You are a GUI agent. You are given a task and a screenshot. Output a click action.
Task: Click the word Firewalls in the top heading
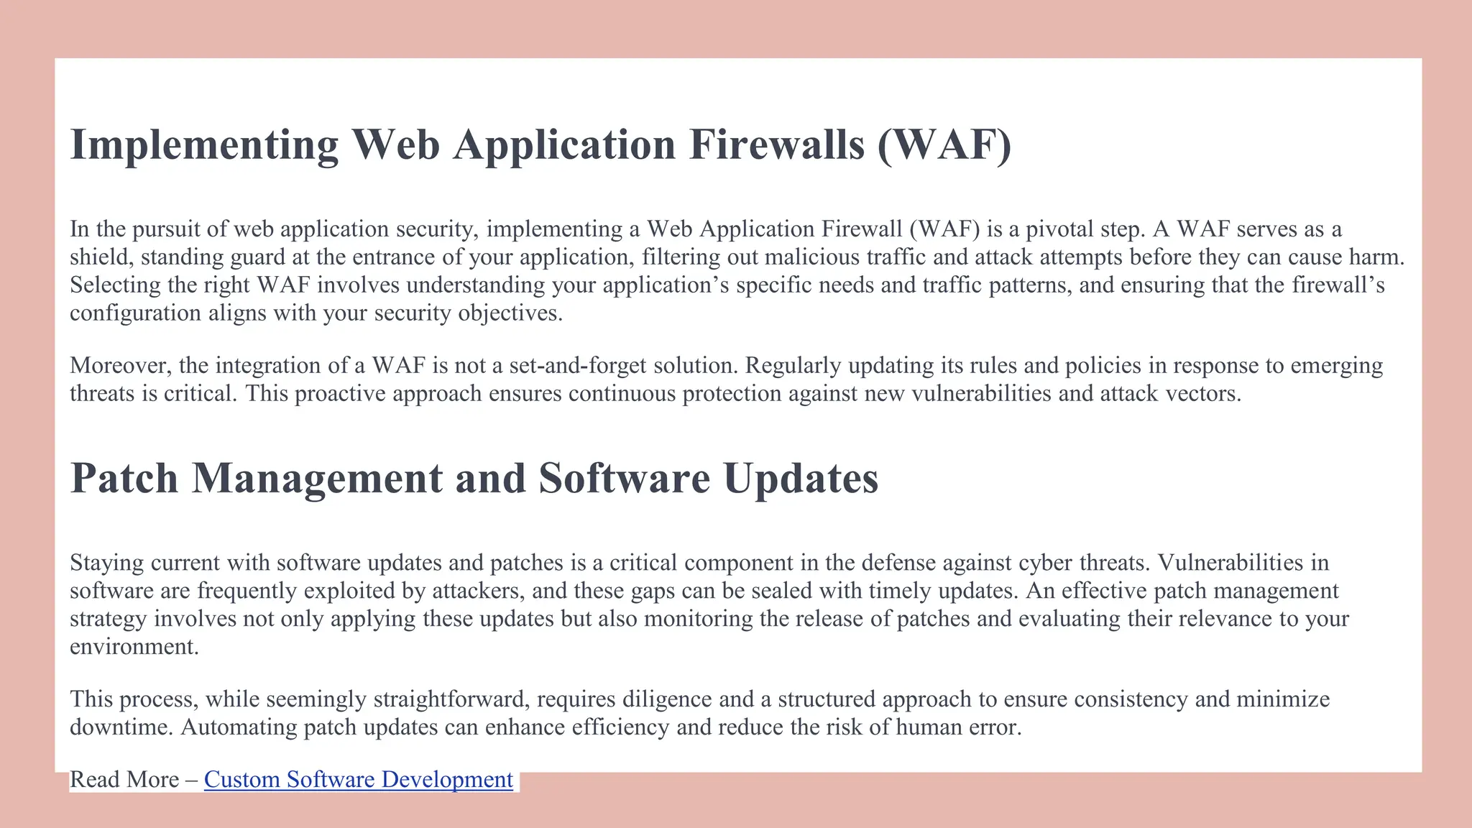pyautogui.click(x=777, y=144)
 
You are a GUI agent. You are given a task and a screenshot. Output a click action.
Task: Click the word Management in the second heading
pyautogui.click(x=317, y=478)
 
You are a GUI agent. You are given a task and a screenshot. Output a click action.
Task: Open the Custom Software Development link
pyautogui.click(x=358, y=779)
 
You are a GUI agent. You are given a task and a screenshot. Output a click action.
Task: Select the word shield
pyautogui.click(x=101, y=257)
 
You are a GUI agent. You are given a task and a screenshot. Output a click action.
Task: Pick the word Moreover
pyautogui.click(x=119, y=366)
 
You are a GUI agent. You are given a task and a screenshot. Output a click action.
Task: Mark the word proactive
pyautogui.click(x=339, y=394)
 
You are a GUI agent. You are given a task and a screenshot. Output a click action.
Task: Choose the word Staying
pyautogui.click(x=107, y=563)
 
